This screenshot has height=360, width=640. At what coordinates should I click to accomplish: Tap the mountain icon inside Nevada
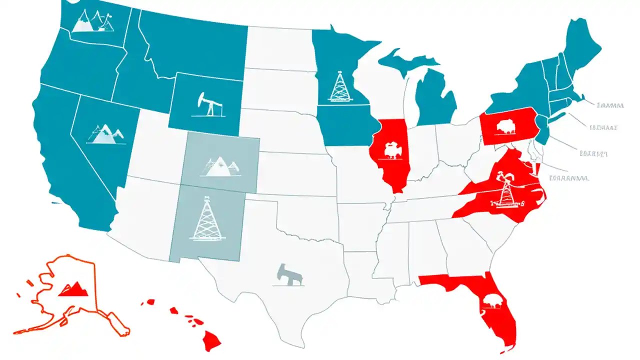point(104,133)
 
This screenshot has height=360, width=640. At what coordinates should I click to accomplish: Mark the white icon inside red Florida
point(492,301)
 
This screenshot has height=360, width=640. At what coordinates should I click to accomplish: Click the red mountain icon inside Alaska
point(73,288)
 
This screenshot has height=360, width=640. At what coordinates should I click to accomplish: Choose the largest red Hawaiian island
point(212,341)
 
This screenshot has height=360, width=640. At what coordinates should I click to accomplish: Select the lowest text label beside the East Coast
point(569,177)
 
